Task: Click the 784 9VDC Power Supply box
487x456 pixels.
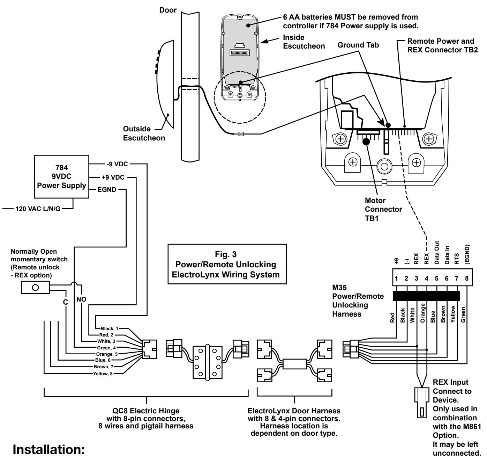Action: [x=61, y=176]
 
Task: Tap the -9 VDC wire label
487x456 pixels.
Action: [x=117, y=164]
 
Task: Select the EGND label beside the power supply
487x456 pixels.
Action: [x=107, y=189]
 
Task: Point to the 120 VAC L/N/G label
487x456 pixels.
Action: [x=38, y=209]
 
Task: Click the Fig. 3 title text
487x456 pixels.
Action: [x=226, y=254]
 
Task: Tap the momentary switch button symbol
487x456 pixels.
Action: [x=35, y=288]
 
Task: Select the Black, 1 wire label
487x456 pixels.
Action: [x=110, y=328]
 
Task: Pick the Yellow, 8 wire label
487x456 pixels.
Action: [x=103, y=374]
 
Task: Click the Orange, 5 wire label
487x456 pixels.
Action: [x=107, y=354]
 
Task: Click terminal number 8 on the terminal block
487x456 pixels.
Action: [x=467, y=278]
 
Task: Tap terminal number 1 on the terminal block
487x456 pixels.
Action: [x=396, y=278]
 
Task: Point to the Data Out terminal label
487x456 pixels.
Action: [x=436, y=252]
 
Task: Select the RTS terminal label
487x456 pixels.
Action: [x=457, y=259]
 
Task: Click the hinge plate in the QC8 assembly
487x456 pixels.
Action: [x=208, y=362]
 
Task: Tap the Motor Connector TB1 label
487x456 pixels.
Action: [x=383, y=209]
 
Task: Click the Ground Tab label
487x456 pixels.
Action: [x=358, y=45]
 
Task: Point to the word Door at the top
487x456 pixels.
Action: [x=168, y=10]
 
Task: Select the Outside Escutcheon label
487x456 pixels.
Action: [x=144, y=133]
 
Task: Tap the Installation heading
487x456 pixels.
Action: [x=48, y=449]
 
